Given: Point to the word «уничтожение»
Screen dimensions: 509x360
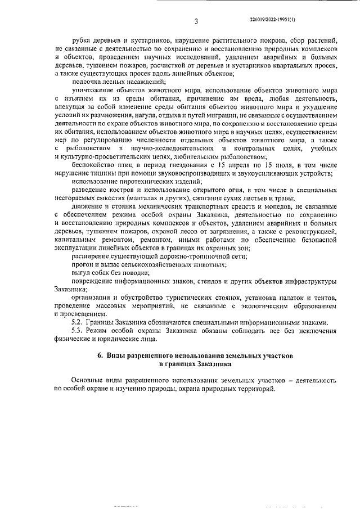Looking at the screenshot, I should pyautogui.click(x=92, y=90).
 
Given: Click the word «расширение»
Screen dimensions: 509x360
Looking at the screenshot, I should pyautogui.click(x=91, y=256).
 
